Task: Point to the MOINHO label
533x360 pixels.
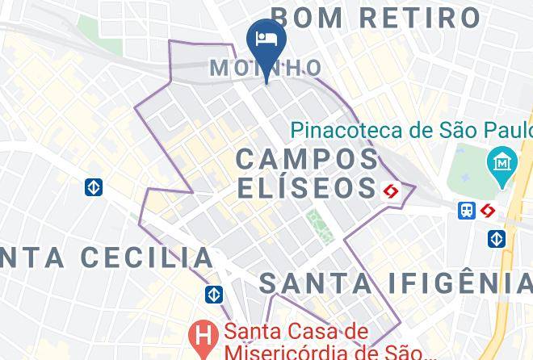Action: point(266,68)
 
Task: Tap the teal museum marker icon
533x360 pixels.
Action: point(502,162)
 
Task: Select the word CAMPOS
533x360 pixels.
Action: point(308,158)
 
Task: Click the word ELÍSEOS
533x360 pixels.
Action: point(308,188)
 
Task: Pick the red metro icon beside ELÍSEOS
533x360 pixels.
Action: point(392,190)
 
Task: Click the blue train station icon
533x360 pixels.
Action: point(467,210)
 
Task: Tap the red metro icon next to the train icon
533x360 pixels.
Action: point(487,210)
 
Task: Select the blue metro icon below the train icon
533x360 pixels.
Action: point(496,239)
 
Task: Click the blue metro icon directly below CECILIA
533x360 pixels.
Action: point(213,295)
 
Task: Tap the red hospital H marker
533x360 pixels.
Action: point(202,333)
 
